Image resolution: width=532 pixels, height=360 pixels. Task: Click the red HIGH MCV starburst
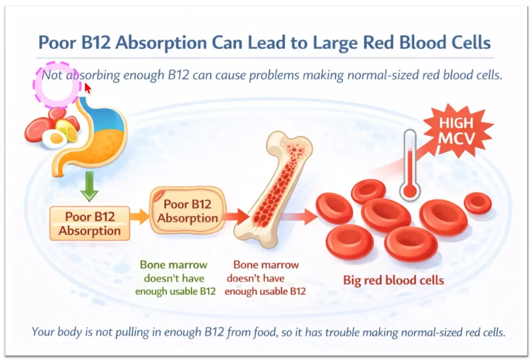(x=457, y=130)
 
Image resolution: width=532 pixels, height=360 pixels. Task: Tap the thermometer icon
(x=410, y=166)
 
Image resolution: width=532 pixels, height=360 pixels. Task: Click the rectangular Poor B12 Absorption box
(x=89, y=223)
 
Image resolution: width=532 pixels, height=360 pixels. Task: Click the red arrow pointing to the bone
(x=236, y=215)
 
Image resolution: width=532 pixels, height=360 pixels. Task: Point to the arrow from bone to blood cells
(x=302, y=215)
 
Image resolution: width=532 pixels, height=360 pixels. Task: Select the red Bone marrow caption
(x=265, y=278)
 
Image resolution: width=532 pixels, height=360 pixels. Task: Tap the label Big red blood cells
(x=393, y=281)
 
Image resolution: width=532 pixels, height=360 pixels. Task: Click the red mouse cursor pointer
(x=87, y=88)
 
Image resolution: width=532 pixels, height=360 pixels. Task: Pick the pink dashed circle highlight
(x=57, y=86)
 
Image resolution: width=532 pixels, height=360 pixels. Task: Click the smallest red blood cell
(x=477, y=203)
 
